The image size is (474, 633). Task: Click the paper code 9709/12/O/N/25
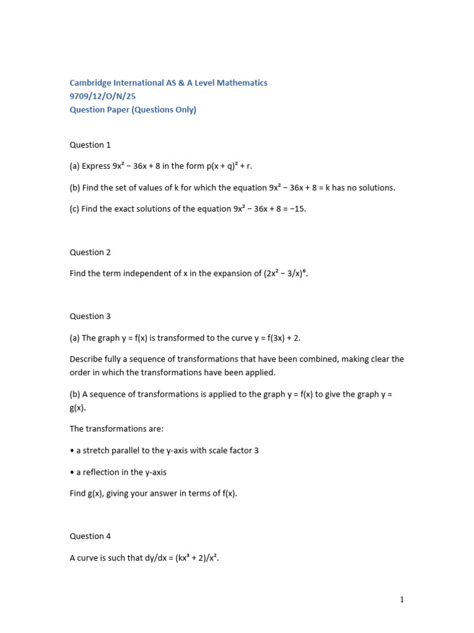pos(102,96)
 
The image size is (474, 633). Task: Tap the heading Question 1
pos(90,145)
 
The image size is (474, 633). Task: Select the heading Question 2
pos(90,252)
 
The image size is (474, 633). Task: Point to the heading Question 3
pos(90,316)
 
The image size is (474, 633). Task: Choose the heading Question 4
pos(90,536)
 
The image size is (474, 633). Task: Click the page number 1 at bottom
pos(402,599)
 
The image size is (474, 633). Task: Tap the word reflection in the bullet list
pos(102,472)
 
